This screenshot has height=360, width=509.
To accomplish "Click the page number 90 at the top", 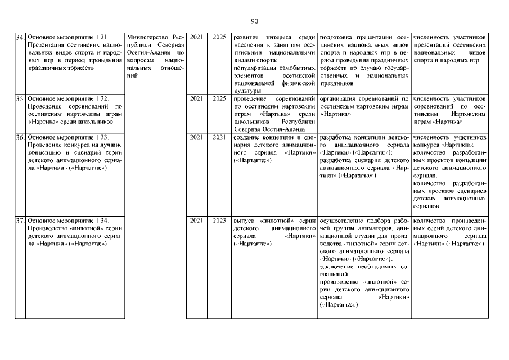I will tap(254, 21).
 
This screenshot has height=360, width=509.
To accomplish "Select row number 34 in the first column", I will tap(19, 37).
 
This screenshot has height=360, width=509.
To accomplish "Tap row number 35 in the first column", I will tap(19, 98).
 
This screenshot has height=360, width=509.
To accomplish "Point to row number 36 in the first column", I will tap(19, 137).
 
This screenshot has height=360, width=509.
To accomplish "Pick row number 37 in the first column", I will tap(19, 220).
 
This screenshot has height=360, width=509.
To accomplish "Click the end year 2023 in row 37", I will tap(219, 220).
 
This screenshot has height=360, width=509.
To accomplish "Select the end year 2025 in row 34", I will tap(219, 37).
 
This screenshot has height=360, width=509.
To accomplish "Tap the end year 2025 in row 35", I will tap(219, 98).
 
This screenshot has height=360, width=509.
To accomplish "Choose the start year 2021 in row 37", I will tap(197, 220).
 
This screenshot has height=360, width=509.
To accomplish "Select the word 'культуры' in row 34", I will tap(246, 91).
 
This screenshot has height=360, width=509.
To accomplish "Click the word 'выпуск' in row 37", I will tap(243, 220).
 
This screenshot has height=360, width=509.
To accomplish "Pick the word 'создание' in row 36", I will tap(247, 137).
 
